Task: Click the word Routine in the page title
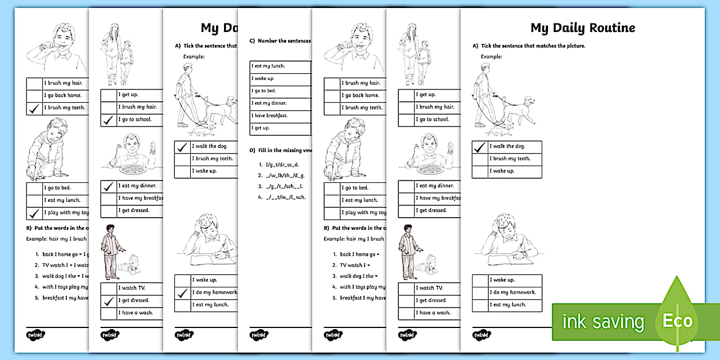coord(609,27)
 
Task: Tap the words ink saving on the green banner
coord(603,322)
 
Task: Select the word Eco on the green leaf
coord(678,321)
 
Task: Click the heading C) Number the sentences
coord(281,41)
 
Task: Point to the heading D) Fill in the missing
coord(281,150)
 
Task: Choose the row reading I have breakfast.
coord(269,115)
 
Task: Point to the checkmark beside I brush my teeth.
coord(34,107)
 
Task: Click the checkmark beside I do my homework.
coord(182,293)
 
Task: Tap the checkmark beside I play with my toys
coord(34,213)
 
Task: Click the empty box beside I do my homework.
coord(480,293)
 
